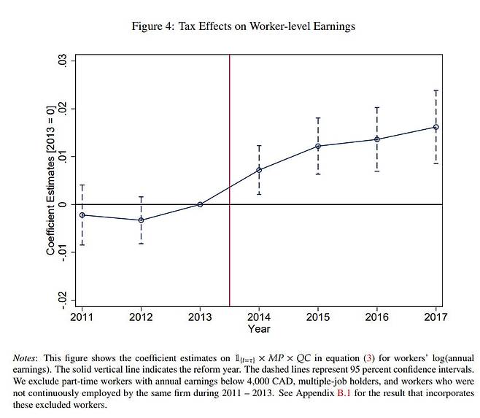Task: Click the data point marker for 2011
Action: tap(82, 215)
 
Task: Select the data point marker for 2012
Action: tap(141, 220)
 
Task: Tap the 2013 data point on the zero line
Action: tap(200, 204)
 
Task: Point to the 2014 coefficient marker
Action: tap(259, 170)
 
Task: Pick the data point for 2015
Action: tap(318, 146)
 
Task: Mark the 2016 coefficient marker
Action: tap(377, 139)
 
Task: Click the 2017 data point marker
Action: tap(436, 127)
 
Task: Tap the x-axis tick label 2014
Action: tap(259, 317)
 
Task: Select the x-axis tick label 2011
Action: tap(82, 317)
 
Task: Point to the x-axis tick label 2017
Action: tap(436, 317)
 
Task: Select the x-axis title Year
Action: tap(259, 329)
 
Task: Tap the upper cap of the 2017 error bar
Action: tap(436, 90)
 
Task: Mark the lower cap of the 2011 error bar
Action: tap(82, 244)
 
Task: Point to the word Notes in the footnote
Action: tap(28, 358)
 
